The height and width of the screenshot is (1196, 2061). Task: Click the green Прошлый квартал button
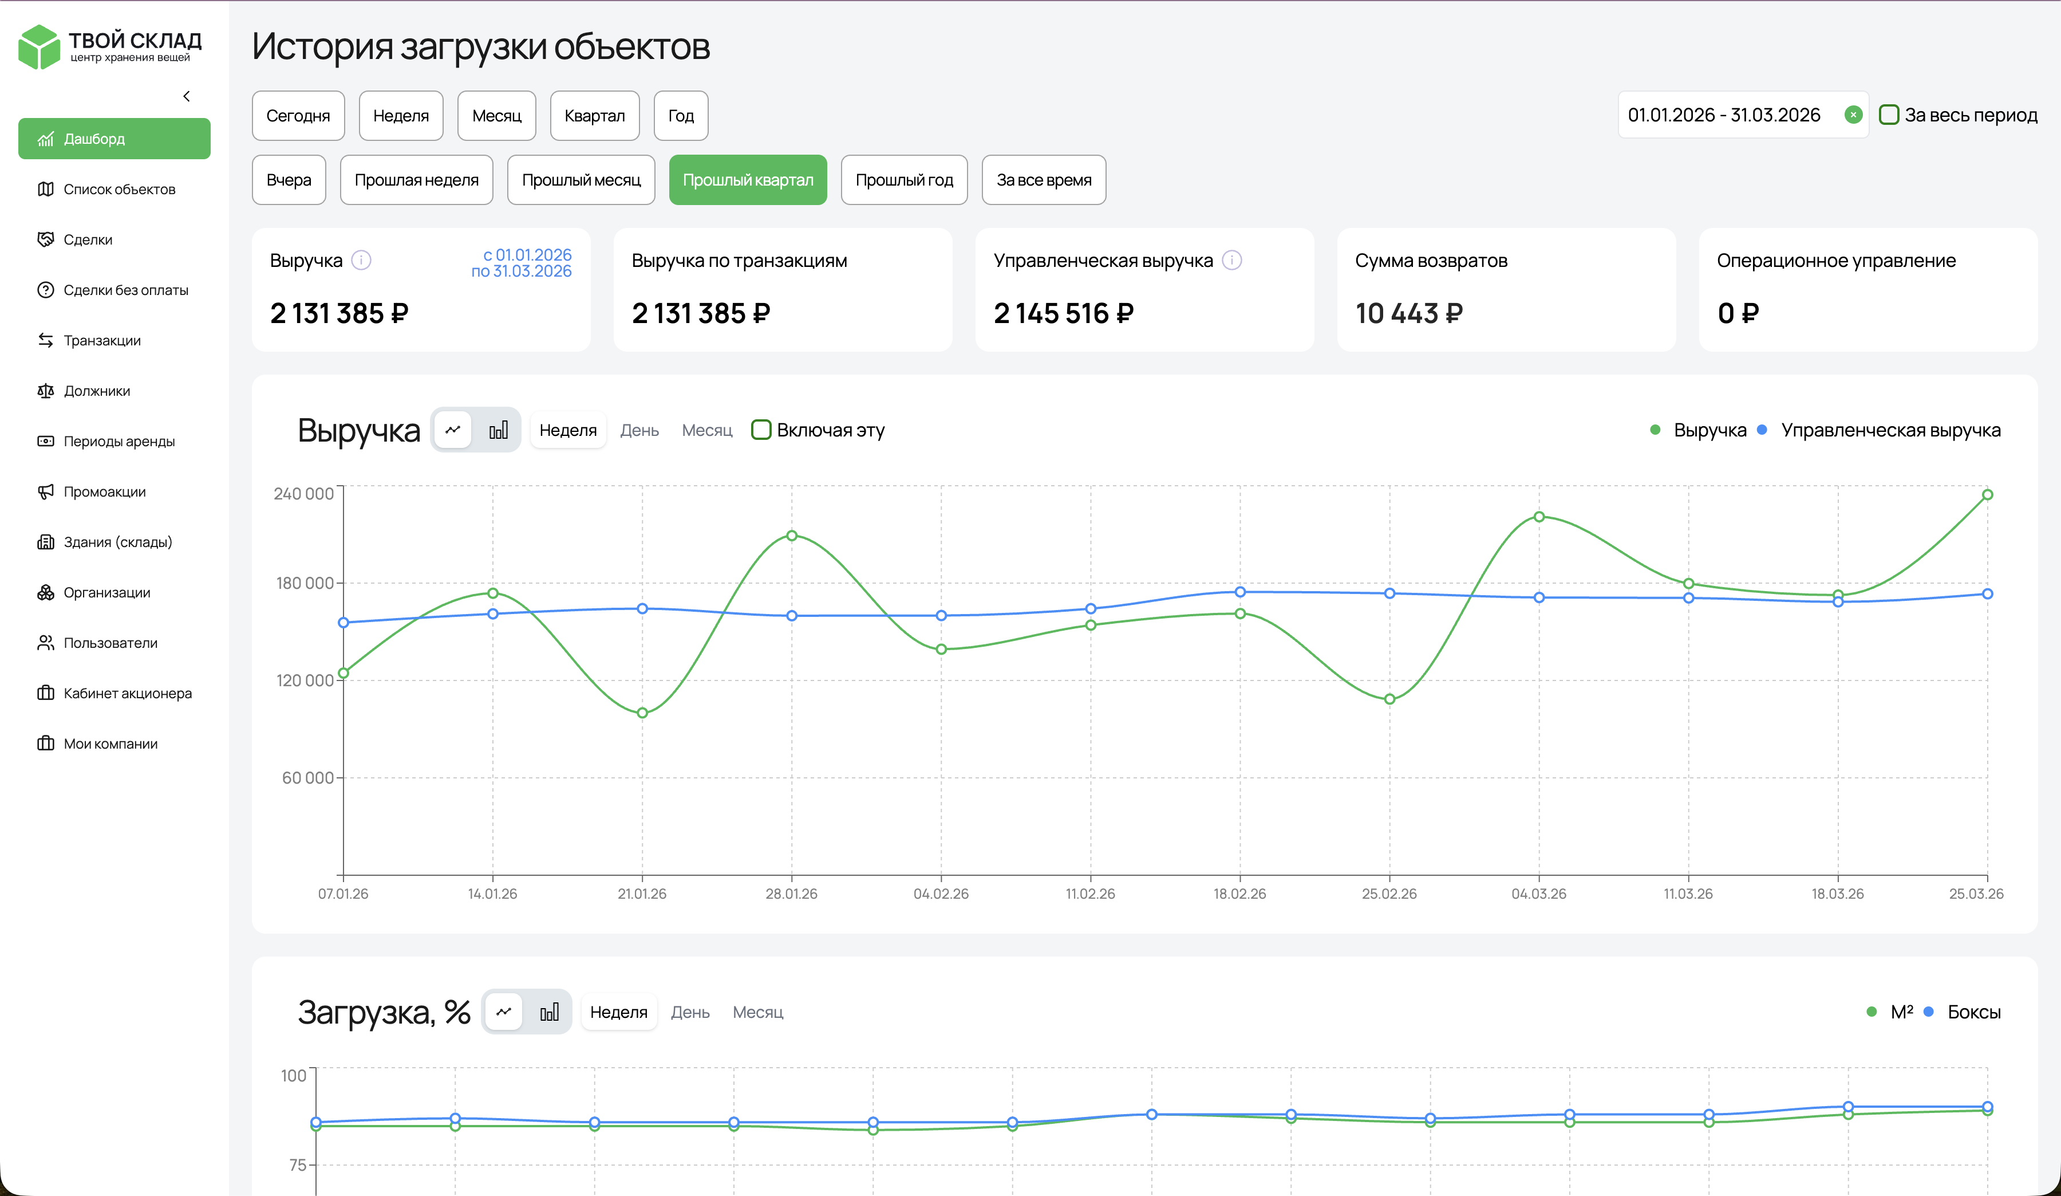748,180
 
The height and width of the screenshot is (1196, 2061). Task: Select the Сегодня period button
298,115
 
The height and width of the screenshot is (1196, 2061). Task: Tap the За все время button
1044,180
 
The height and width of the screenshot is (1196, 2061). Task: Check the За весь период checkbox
1889,115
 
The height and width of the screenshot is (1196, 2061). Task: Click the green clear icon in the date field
1853,115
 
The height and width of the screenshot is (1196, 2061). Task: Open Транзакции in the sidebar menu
102,340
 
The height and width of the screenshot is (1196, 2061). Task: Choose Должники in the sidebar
97,391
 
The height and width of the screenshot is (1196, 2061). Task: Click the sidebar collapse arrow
187,97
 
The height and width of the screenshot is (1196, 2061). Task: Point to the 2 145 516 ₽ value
1063,313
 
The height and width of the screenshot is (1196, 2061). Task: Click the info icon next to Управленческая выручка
1231,260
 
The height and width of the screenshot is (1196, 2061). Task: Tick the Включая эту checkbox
761,430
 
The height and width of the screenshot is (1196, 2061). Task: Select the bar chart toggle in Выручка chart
498,430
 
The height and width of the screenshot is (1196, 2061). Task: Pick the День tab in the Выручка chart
639,430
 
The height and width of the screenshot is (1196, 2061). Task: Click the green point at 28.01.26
792,536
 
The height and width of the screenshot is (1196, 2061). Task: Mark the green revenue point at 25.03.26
1987,495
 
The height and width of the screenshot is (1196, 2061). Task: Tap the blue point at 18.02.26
1240,592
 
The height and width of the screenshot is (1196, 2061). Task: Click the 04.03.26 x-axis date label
1538,894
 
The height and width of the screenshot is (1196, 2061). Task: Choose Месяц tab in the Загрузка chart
757,1013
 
